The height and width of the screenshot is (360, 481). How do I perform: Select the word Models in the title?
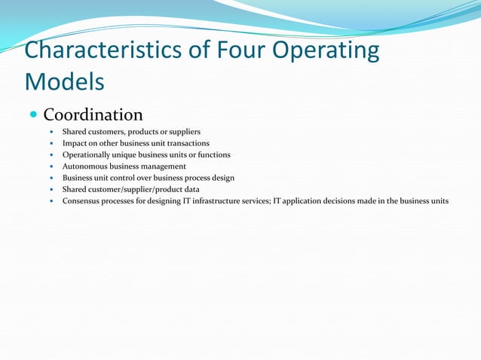(x=64, y=80)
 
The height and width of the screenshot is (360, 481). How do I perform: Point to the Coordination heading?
(x=93, y=115)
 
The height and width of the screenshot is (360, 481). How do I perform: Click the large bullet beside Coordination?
(x=33, y=115)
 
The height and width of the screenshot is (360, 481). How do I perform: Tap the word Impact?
(x=75, y=143)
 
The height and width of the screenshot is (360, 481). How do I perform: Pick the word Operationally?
(x=88, y=155)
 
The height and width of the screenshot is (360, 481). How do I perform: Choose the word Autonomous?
(x=84, y=166)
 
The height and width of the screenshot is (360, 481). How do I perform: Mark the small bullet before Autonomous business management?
(x=51, y=166)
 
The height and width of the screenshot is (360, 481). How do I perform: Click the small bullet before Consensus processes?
(x=51, y=201)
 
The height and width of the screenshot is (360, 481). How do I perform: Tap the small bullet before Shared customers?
(x=51, y=132)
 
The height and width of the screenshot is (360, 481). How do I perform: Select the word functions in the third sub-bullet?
(x=214, y=155)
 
